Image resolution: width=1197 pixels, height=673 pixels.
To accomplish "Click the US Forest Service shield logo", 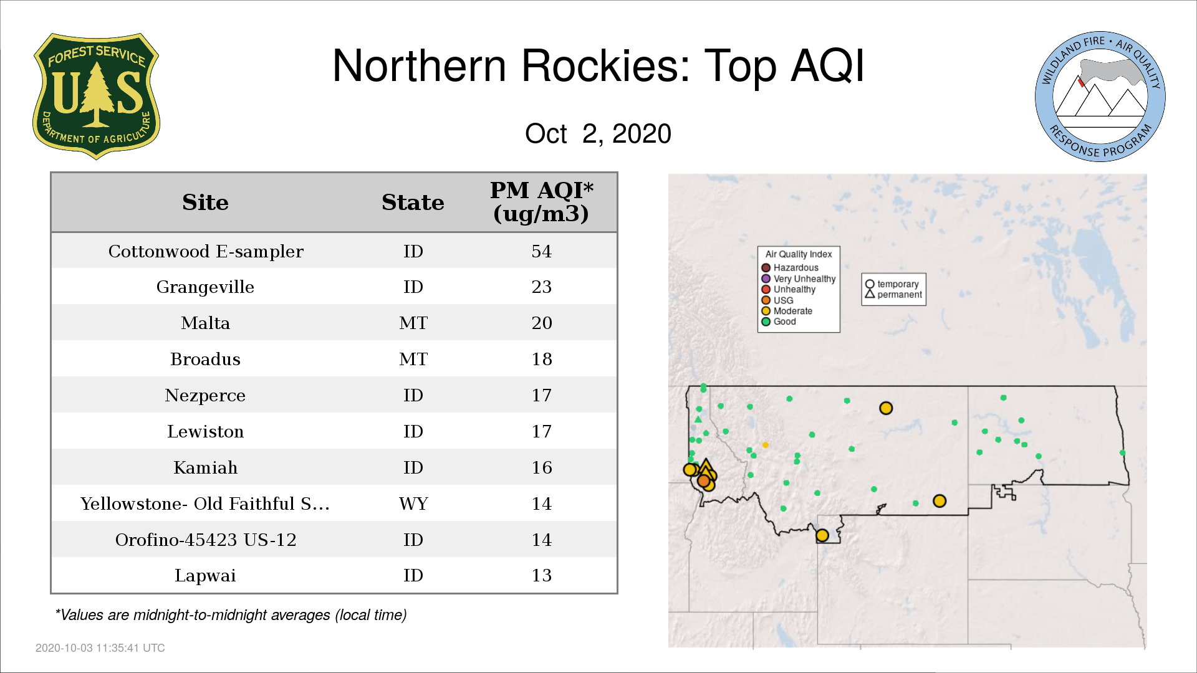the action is (96, 96).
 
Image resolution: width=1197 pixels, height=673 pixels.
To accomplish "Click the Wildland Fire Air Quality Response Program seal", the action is (1100, 97).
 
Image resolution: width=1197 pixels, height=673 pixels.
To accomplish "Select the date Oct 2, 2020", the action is (598, 133).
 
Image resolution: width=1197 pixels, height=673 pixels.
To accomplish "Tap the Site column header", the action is (205, 203).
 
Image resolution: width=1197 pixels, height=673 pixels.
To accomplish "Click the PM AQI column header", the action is (541, 202).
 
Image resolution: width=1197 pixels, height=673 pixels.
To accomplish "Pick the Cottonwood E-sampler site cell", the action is (206, 251).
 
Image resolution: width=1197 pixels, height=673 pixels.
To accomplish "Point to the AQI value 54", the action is (542, 251).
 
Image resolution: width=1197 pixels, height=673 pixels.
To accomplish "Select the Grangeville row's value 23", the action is (542, 287).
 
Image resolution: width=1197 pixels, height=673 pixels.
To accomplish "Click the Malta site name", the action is (206, 323).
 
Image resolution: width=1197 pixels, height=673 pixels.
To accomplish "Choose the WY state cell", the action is (413, 504).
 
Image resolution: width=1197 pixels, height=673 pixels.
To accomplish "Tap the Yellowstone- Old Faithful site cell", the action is (205, 504).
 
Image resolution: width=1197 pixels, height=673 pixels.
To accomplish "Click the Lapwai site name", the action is (205, 575).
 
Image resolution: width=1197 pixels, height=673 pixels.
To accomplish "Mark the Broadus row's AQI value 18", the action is (542, 359).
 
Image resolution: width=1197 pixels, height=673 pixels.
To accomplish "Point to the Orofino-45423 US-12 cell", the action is (206, 540).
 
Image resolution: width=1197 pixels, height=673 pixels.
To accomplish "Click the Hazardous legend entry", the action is (790, 268).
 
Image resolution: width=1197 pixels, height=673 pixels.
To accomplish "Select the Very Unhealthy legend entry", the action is (799, 279).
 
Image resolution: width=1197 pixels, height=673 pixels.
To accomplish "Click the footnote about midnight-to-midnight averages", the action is (231, 615).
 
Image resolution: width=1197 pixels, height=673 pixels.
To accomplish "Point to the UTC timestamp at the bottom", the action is (100, 648).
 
